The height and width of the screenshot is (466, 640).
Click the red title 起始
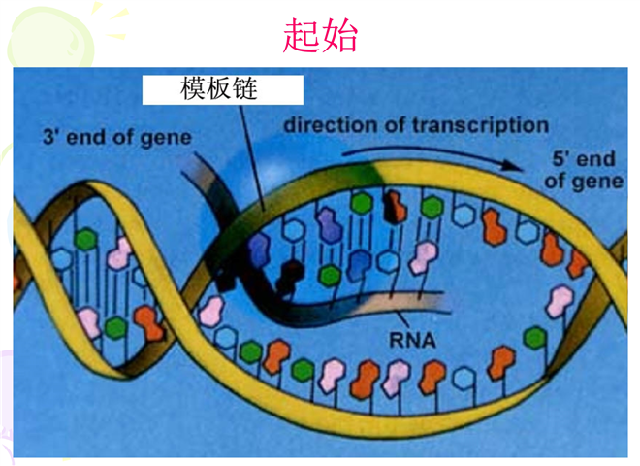(321, 36)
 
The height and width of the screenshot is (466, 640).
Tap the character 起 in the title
(302, 36)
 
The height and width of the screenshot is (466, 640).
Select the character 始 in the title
(340, 36)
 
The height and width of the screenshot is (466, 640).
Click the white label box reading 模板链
(223, 89)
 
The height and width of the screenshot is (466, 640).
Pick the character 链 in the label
(254, 89)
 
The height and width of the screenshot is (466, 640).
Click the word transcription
(487, 125)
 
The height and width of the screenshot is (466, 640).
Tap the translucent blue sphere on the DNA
(242, 194)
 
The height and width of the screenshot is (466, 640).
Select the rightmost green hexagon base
(533, 336)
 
